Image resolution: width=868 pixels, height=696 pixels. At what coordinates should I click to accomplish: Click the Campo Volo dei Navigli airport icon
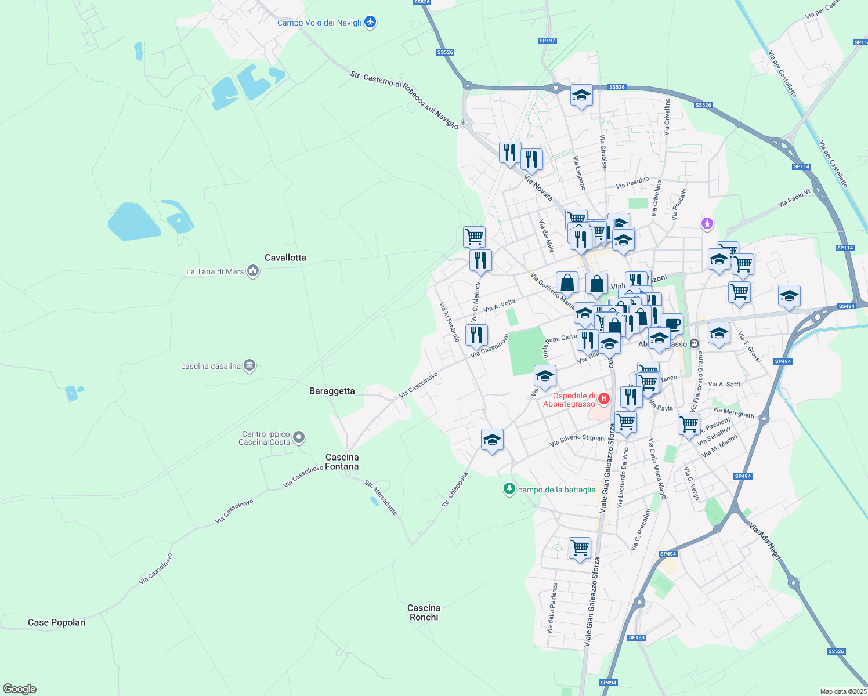coord(370,23)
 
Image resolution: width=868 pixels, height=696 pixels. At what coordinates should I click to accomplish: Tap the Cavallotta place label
coord(285,258)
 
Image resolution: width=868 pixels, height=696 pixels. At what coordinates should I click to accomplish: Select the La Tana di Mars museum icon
coord(253,271)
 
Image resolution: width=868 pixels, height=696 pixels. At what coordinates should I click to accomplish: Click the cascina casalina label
coord(211,366)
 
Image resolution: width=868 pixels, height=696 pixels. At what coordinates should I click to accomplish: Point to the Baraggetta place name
coord(332,391)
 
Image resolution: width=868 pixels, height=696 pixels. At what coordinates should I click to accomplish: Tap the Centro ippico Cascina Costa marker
coord(299,437)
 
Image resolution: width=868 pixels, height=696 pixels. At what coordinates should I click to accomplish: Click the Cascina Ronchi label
coord(424,612)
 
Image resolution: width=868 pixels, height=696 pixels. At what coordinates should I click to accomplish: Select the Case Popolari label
coord(57,622)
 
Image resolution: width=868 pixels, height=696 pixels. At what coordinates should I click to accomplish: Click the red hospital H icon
coord(604,398)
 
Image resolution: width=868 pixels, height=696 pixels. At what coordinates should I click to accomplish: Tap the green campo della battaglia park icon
coord(509,490)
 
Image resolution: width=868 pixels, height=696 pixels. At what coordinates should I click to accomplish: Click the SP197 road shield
coord(547,41)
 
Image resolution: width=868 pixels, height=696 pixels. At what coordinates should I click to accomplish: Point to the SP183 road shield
coord(636,637)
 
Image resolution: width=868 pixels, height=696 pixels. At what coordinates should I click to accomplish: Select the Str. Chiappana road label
coord(454,490)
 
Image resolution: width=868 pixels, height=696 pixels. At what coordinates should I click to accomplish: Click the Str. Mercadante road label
coord(381,498)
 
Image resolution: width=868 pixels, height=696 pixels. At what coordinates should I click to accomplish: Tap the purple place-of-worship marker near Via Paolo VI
coord(707,223)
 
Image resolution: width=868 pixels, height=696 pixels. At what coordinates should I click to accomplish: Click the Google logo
coord(20,689)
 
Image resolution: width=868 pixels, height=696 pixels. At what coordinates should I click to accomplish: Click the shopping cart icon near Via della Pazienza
coord(580,547)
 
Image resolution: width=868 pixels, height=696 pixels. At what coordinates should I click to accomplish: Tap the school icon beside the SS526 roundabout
coord(581,95)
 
